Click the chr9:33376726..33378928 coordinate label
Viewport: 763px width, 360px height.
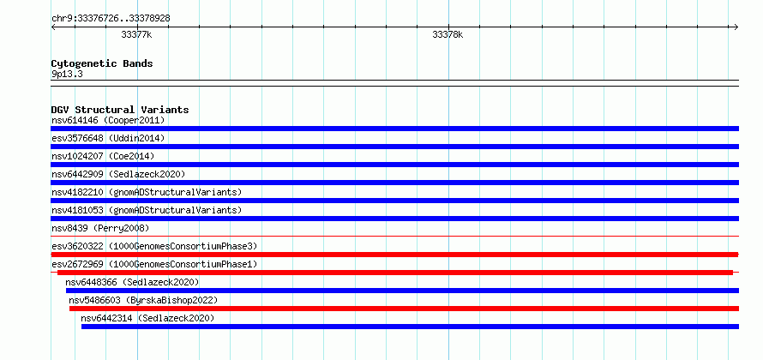click(x=111, y=19)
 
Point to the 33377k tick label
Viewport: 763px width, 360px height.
click(x=136, y=35)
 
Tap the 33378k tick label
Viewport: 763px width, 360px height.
click(x=448, y=35)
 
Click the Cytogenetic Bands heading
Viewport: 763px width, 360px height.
click(x=102, y=63)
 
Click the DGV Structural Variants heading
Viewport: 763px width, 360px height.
click(x=120, y=110)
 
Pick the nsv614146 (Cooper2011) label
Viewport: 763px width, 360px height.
click(x=108, y=120)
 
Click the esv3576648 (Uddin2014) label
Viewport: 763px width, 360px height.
click(x=108, y=138)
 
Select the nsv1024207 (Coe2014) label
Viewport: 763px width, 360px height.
click(x=103, y=156)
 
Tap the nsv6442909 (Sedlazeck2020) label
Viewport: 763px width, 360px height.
click(x=118, y=174)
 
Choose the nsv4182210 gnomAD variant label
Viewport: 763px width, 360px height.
click(x=147, y=192)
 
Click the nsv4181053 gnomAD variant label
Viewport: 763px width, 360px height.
click(x=147, y=210)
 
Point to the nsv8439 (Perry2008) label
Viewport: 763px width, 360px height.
click(x=100, y=228)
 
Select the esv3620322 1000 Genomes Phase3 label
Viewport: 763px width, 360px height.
click(x=154, y=246)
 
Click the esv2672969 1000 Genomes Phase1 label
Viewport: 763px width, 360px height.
click(x=154, y=264)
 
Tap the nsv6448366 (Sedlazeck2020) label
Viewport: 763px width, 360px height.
click(x=132, y=282)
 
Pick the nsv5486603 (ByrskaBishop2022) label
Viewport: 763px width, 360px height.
click(x=143, y=300)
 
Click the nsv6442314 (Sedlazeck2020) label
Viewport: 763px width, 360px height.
click(x=147, y=318)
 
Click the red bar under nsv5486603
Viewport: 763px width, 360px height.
click(x=404, y=309)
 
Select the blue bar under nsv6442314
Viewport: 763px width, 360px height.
click(x=410, y=327)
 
